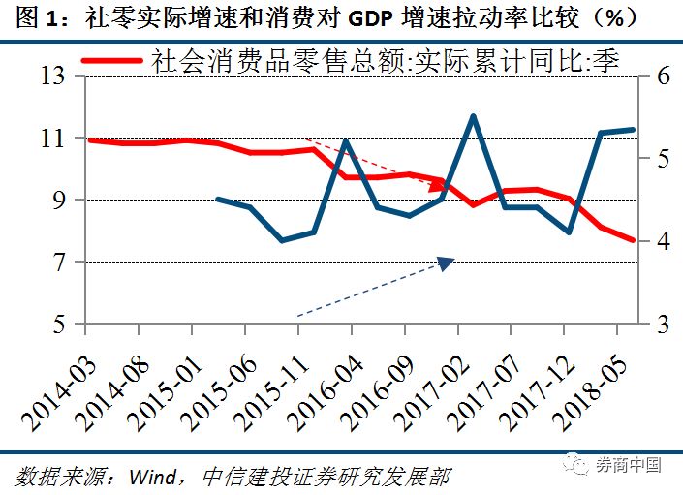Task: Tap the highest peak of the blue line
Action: pyautogui.click(x=473, y=116)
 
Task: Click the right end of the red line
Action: pyautogui.click(x=634, y=240)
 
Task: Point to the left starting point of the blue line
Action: pyautogui.click(x=217, y=199)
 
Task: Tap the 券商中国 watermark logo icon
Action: pyautogui.click(x=582, y=465)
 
